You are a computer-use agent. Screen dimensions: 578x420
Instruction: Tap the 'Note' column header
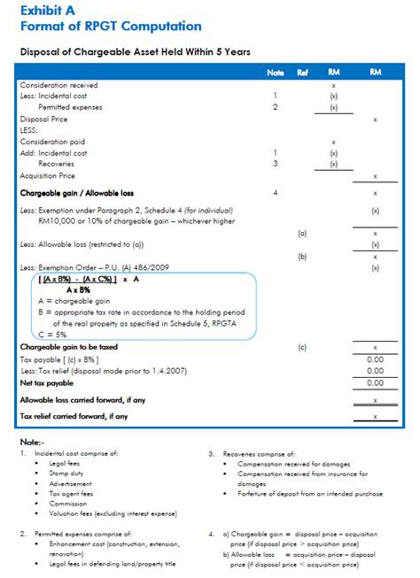275,72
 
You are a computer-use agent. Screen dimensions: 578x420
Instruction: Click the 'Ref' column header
302,72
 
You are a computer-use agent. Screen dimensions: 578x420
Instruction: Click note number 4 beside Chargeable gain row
276,191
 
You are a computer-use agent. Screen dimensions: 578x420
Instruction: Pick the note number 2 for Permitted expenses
276,106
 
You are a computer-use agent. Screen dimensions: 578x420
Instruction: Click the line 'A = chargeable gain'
65,301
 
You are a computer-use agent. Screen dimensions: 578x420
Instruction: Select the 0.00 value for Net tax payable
376,382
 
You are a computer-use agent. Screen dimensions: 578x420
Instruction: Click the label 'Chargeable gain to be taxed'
69,348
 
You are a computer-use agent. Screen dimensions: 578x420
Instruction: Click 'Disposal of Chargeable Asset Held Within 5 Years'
129,52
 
